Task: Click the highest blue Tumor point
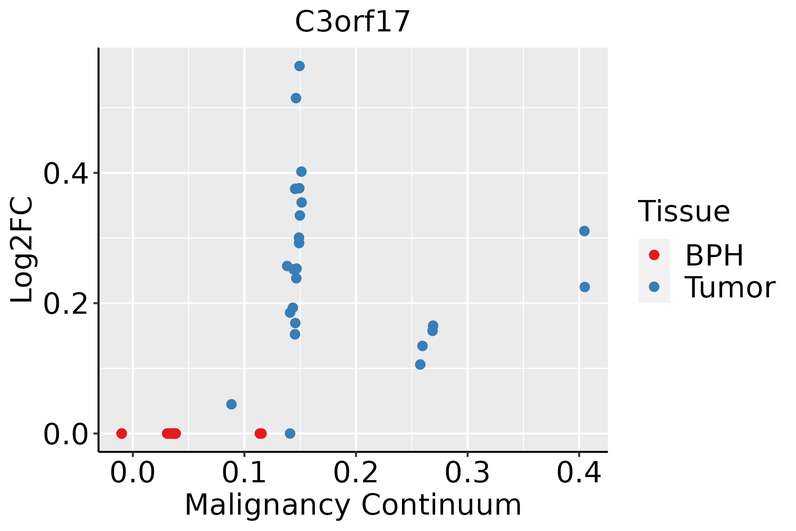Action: point(299,66)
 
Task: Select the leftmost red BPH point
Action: point(122,433)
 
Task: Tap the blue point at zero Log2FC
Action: point(290,433)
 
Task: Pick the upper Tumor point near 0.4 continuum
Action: point(584,231)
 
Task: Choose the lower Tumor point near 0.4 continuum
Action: point(585,287)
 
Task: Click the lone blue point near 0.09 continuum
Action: point(231,404)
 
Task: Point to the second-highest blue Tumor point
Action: point(296,98)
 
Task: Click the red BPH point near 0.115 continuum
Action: point(260,433)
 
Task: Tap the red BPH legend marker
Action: point(654,255)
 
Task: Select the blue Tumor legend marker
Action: point(654,287)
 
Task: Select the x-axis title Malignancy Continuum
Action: point(353,505)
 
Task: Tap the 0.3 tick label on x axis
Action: point(467,473)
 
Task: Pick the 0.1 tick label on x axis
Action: point(244,473)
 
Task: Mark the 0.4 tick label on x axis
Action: point(578,473)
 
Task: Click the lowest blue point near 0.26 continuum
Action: point(420,364)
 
